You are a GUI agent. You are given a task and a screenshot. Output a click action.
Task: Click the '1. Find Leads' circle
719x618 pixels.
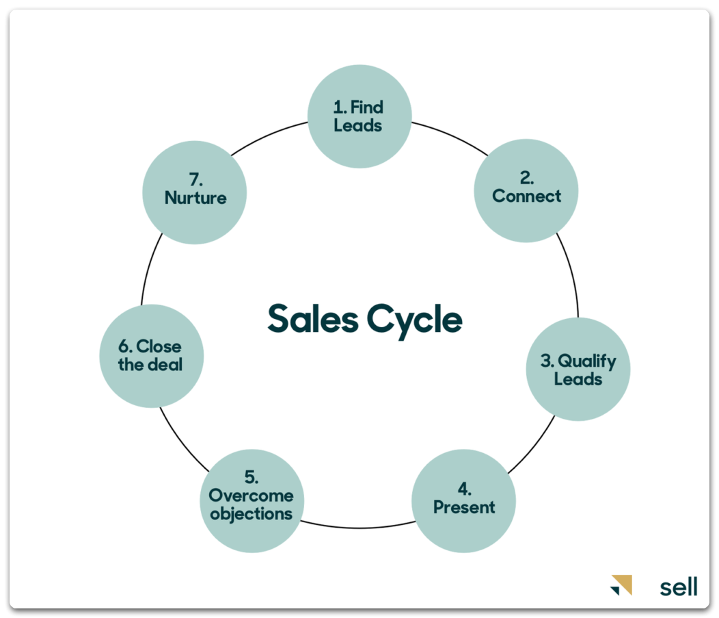pos(359,116)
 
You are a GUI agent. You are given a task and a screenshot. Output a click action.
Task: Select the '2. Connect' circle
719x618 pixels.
pos(526,190)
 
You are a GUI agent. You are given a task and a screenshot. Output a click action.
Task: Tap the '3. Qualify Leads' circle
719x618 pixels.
pos(578,369)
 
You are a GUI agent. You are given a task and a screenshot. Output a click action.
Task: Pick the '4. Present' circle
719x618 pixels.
pos(463,501)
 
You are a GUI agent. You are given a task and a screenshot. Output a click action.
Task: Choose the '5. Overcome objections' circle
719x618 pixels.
pos(252,501)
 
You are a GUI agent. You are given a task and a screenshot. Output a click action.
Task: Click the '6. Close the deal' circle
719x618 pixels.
pos(151,356)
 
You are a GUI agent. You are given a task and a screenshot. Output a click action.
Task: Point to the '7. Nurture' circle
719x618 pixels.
pos(194,192)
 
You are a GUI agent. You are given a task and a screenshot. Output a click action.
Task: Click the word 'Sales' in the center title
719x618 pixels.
pos(313,318)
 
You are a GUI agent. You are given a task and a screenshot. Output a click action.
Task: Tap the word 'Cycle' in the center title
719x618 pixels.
pos(415,321)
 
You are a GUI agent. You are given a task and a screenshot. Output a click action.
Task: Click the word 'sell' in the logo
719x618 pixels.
pos(679,587)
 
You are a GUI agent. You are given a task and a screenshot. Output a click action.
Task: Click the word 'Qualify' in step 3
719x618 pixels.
pos(587,361)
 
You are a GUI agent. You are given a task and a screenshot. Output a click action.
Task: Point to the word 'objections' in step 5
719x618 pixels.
pos(252,514)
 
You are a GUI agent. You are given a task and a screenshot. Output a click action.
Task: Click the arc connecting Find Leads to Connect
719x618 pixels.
pos(451,136)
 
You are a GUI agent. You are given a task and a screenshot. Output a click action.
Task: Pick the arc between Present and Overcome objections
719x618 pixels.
pos(359,528)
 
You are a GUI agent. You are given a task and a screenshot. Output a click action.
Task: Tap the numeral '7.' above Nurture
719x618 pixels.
pos(195,179)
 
